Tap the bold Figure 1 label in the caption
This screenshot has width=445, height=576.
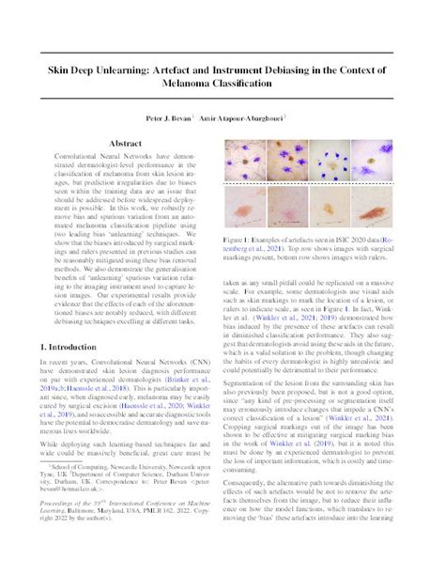[x=235, y=240]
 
